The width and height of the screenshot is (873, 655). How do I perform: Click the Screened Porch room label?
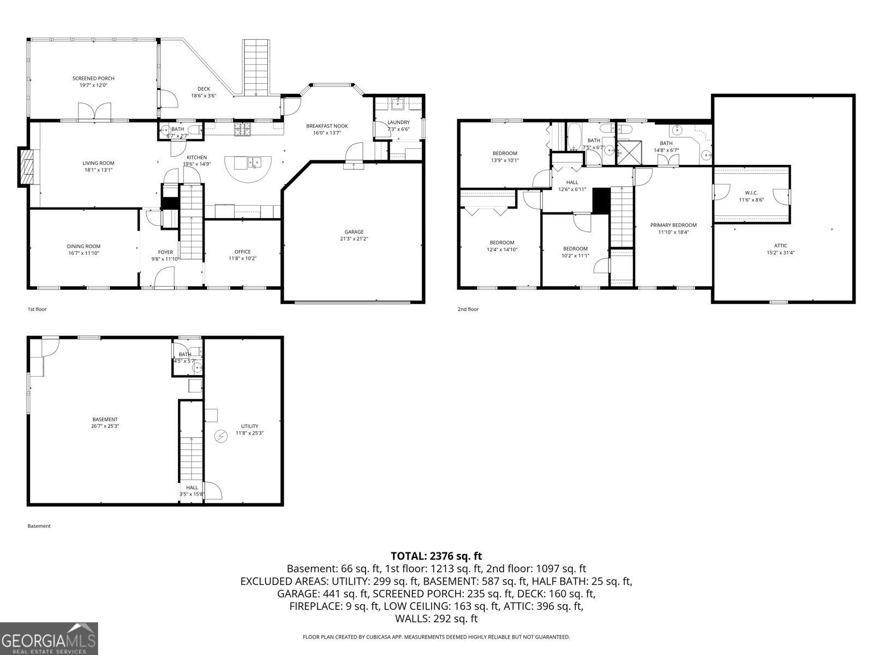93,79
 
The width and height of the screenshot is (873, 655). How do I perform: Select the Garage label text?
354,231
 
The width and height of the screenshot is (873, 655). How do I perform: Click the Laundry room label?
398,122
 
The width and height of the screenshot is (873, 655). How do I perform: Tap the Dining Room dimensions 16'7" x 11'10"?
83,253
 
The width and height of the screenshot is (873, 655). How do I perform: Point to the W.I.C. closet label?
751,193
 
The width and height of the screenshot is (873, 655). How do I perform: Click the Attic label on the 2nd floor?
780,246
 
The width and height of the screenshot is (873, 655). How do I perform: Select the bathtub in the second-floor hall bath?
574,138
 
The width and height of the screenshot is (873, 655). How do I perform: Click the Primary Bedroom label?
673,225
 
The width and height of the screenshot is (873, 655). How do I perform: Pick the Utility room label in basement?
249,426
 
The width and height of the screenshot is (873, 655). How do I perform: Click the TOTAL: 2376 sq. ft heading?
436,556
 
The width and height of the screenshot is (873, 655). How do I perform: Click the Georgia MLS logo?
49,638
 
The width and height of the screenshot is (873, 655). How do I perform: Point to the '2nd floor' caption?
468,309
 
